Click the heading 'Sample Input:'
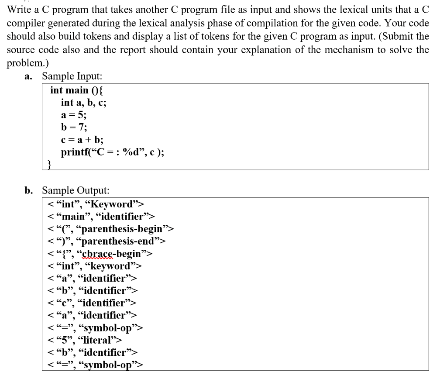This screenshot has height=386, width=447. pyautogui.click(x=72, y=76)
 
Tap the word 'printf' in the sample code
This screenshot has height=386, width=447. pyautogui.click(x=75, y=152)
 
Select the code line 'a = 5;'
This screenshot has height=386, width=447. pyautogui.click(x=74, y=115)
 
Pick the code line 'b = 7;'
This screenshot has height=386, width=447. pyautogui.click(x=74, y=128)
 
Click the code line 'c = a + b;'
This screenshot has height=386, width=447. pyautogui.click(x=82, y=140)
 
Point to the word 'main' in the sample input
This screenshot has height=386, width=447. pyautogui.click(x=76, y=90)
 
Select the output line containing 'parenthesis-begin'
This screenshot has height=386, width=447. pyautogui.click(x=111, y=228)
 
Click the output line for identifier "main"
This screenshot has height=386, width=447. pyautogui.click(x=101, y=216)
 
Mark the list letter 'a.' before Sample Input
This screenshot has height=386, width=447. pyautogui.click(x=29, y=76)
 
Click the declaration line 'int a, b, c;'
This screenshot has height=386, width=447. pyautogui.click(x=83, y=103)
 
